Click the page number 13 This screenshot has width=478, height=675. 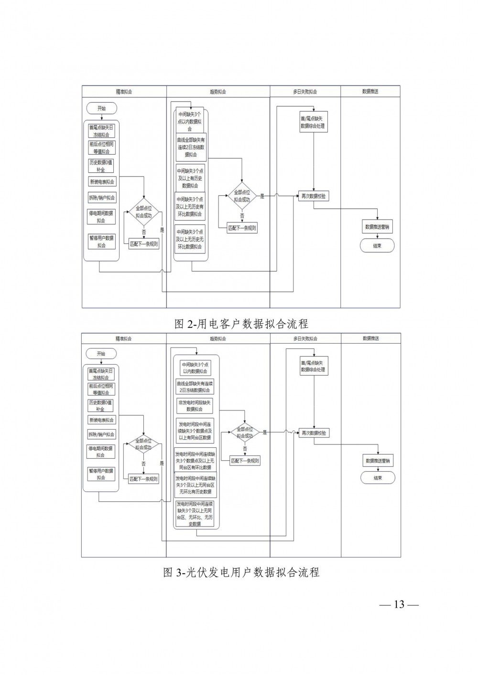(399, 605)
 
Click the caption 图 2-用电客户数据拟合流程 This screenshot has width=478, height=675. (241, 324)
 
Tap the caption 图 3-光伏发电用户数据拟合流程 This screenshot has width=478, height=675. (241, 572)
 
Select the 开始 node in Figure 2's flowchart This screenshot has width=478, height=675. (101, 108)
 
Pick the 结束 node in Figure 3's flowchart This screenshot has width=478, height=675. (378, 478)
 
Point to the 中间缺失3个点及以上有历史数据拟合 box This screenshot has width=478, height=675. (190, 178)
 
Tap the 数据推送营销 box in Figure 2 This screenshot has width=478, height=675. (378, 227)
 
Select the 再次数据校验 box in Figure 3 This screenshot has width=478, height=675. (314, 433)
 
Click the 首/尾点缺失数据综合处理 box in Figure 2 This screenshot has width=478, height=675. (314, 123)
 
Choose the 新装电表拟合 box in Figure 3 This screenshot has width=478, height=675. (101, 420)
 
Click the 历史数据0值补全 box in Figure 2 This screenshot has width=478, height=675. (101, 166)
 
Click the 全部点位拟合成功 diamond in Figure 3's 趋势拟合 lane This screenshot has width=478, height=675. (245, 432)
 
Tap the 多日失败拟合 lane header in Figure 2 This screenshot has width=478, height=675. (305, 92)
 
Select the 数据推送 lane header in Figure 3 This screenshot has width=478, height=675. (370, 338)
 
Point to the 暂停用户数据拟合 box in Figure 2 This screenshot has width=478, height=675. (101, 242)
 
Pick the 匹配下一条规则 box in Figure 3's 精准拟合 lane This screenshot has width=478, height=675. (144, 479)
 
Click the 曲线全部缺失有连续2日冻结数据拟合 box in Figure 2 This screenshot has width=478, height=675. (190, 147)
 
